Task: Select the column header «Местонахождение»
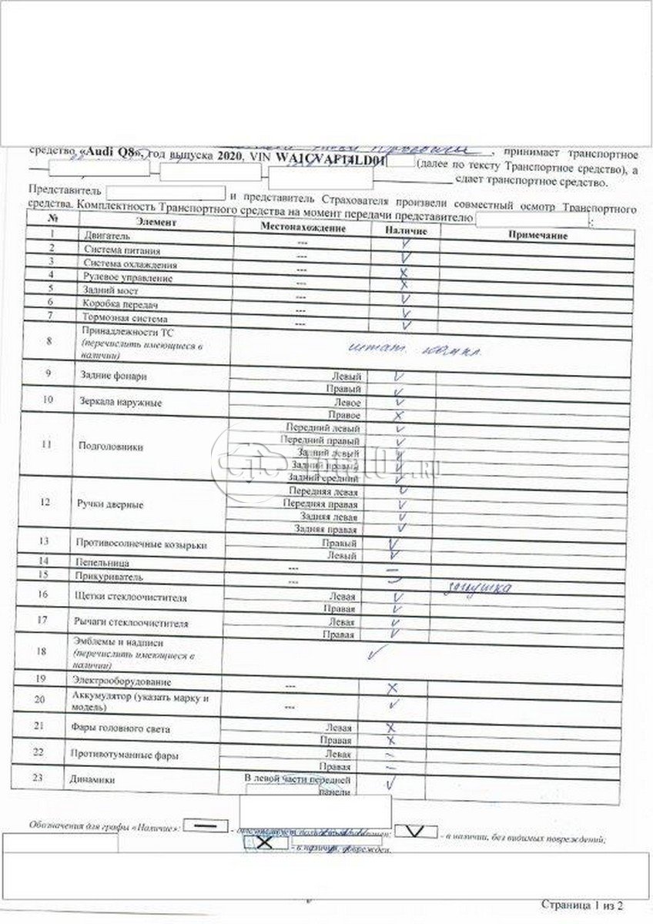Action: pyautogui.click(x=303, y=228)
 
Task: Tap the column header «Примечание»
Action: pyautogui.click(x=538, y=235)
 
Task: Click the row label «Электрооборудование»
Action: pyautogui.click(x=121, y=681)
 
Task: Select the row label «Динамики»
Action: pyautogui.click(x=93, y=779)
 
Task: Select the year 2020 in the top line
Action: pyautogui.click(x=229, y=156)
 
